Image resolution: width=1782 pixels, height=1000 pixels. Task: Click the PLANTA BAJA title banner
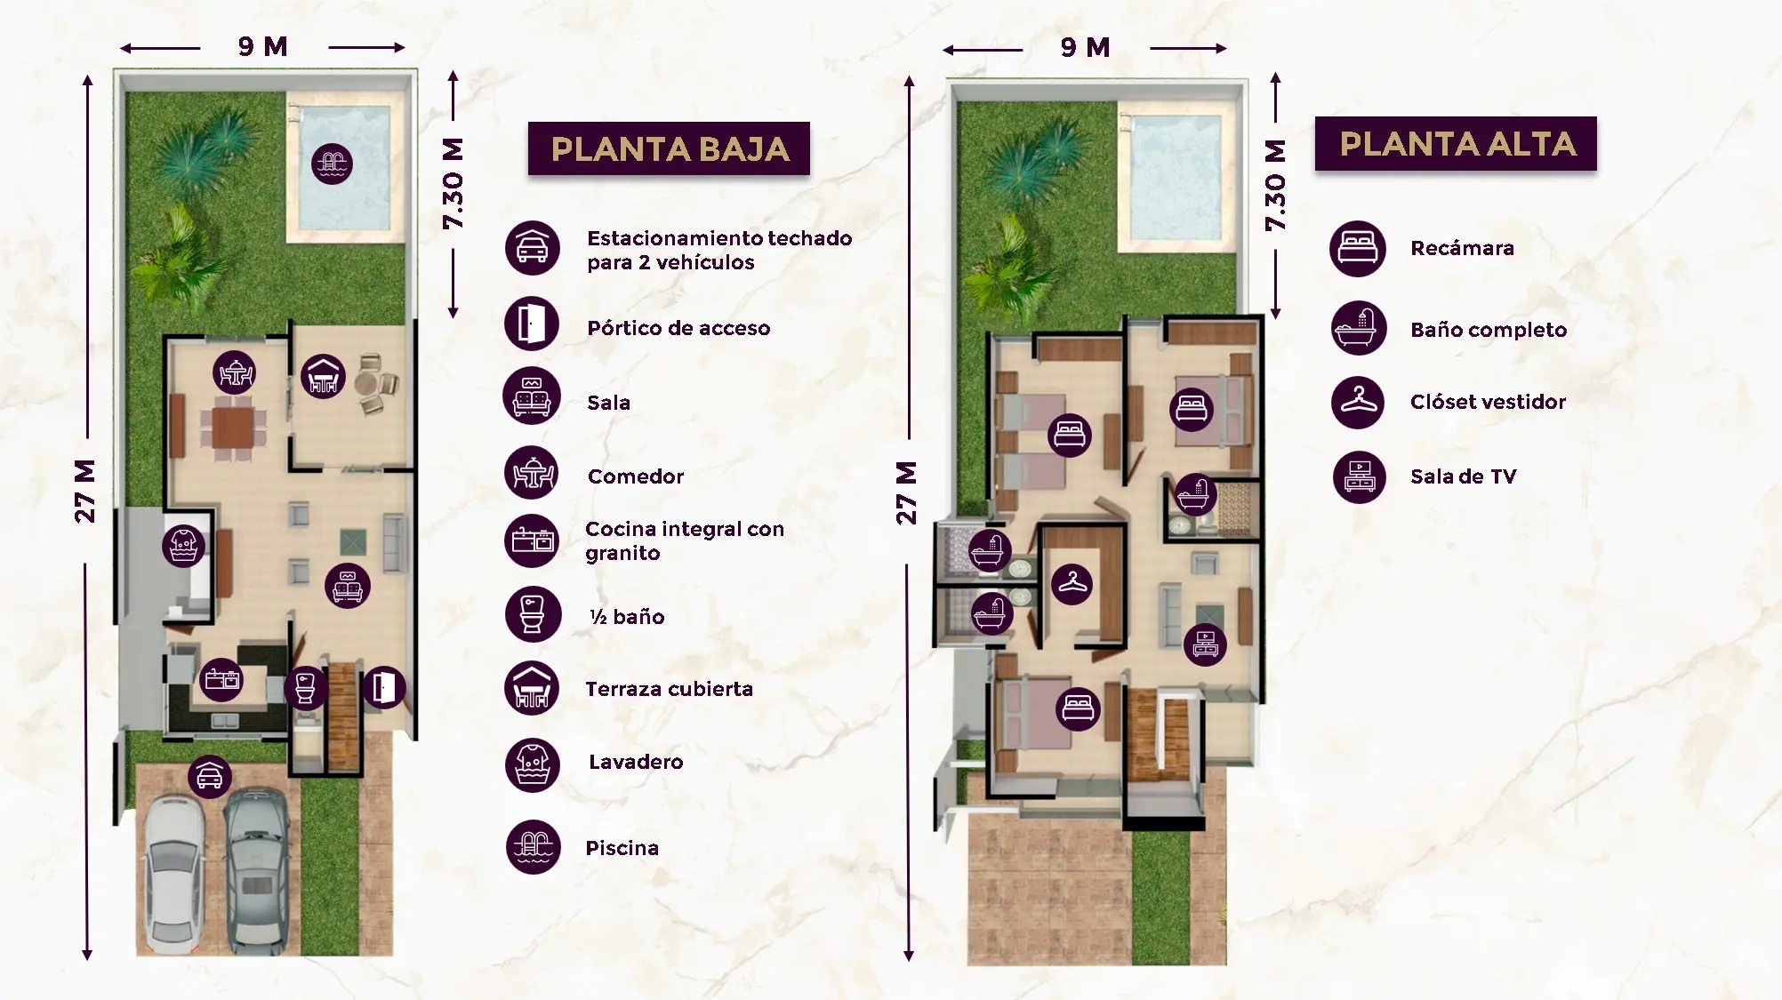[669, 148]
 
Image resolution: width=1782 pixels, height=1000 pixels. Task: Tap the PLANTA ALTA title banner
[1456, 143]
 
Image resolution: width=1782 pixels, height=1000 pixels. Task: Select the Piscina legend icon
[534, 847]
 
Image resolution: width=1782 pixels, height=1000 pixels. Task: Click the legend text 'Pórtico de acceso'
[678, 328]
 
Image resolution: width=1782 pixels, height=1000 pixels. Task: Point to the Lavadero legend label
[636, 762]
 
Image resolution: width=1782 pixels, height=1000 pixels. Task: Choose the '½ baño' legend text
[627, 617]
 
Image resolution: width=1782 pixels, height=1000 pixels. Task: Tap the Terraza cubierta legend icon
[532, 689]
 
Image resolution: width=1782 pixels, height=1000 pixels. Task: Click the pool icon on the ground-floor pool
[332, 164]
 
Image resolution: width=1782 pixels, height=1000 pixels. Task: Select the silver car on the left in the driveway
[173, 874]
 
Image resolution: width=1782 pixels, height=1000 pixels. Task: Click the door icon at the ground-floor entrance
[384, 687]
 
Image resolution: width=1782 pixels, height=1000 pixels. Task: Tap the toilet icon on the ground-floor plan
[305, 687]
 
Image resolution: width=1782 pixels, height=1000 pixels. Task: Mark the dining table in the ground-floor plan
[233, 428]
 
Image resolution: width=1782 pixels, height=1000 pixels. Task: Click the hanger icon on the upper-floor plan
[1072, 584]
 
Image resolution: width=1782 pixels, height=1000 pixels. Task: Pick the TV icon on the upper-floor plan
[1206, 644]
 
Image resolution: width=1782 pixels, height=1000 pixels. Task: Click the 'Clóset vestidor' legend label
[1488, 402]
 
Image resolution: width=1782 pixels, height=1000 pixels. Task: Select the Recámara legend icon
[1358, 248]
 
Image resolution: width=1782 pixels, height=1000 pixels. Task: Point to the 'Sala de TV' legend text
[1464, 476]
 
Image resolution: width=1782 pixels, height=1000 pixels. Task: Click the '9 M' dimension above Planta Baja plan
[263, 47]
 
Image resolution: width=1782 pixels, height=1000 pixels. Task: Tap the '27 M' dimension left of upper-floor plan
[905, 492]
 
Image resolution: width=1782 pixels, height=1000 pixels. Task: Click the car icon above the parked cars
[210, 777]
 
